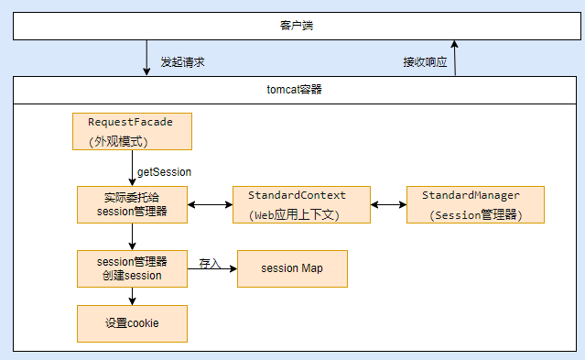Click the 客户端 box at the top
point(292,27)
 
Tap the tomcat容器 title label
point(292,91)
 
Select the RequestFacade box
point(131,131)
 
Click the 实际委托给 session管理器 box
point(132,204)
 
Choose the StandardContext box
point(297,204)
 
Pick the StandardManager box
point(475,204)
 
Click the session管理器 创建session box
point(132,268)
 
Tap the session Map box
point(292,268)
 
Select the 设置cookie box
point(132,323)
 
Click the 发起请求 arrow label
point(182,62)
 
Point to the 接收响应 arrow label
point(426,62)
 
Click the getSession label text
point(164,171)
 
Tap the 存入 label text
point(210,264)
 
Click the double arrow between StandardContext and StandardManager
point(388,204)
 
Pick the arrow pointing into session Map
point(215,269)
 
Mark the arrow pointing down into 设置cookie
point(132,296)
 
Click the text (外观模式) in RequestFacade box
point(118,142)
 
